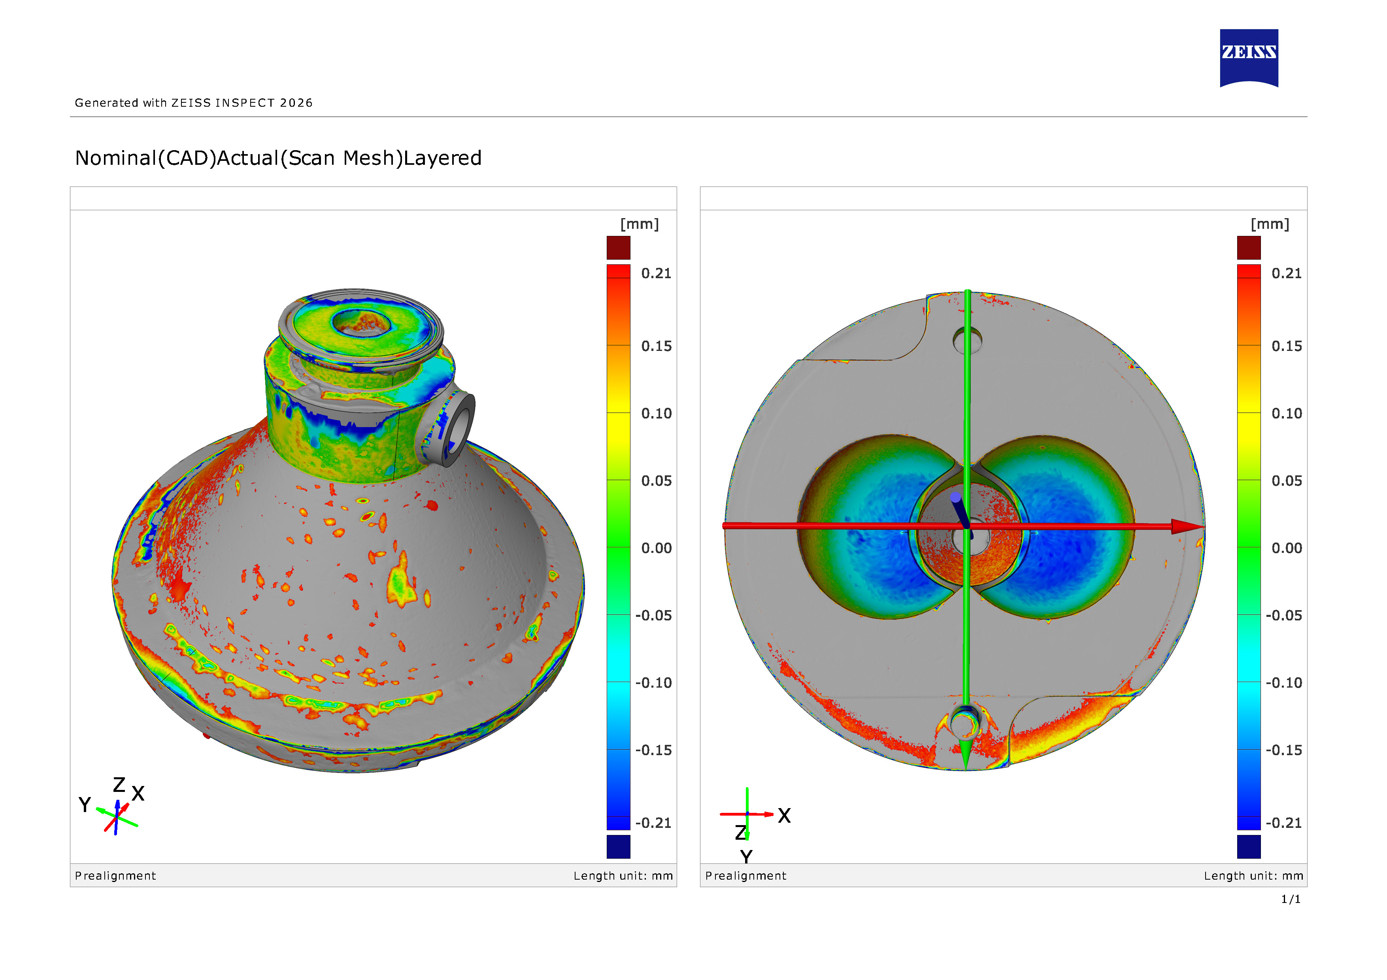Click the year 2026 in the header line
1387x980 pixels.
click(x=296, y=103)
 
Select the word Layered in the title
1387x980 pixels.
click(x=442, y=158)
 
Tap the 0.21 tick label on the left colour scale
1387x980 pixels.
click(x=656, y=273)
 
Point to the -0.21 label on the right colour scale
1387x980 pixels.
click(x=1284, y=823)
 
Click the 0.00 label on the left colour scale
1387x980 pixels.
click(x=656, y=548)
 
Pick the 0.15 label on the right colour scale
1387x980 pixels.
click(x=1287, y=346)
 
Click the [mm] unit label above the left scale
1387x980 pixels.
click(x=639, y=224)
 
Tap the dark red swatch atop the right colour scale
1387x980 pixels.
click(x=1249, y=247)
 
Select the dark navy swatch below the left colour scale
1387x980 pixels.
click(x=618, y=846)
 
